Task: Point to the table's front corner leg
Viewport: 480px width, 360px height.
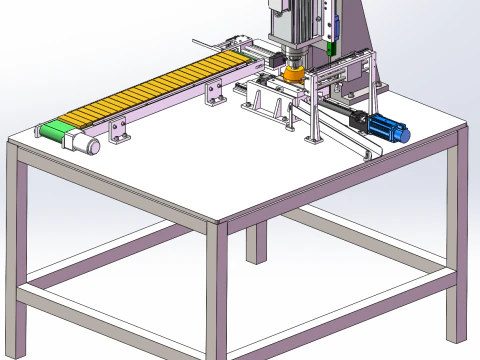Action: coord(218,290)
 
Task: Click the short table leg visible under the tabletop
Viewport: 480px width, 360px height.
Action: coord(257,242)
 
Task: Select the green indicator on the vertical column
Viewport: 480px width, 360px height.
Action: coord(334,47)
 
